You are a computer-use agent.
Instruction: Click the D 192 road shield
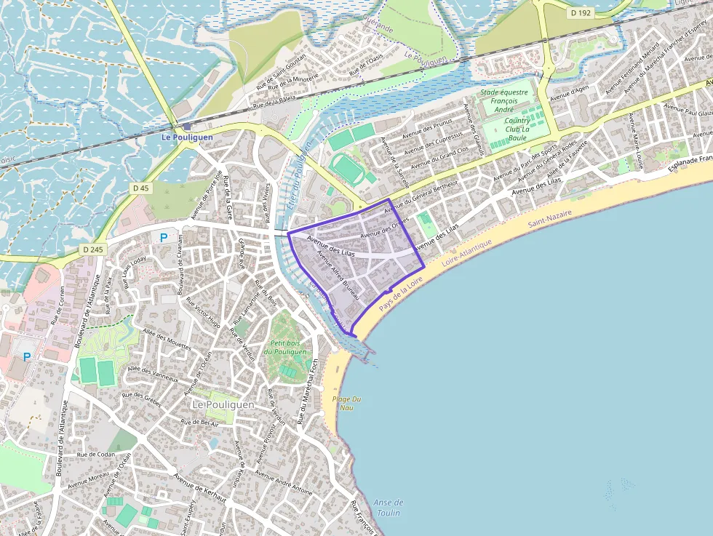pyautogui.click(x=581, y=13)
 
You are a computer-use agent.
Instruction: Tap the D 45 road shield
pyautogui.click(x=141, y=188)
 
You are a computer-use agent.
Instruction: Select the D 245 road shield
pyautogui.click(x=92, y=249)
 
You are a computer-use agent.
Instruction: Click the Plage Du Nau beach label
pyautogui.click(x=346, y=404)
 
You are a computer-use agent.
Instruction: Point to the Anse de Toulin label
pyautogui.click(x=389, y=507)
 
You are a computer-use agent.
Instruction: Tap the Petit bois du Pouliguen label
pyautogui.click(x=284, y=347)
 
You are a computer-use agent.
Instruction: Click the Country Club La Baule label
pyautogui.click(x=517, y=129)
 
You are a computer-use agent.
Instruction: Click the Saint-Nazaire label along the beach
pyautogui.click(x=550, y=217)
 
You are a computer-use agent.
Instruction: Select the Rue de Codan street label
pyautogui.click(x=96, y=454)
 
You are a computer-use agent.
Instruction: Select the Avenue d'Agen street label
pyautogui.click(x=569, y=93)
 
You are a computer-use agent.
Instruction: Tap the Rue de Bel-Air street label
pyautogui.click(x=199, y=422)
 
